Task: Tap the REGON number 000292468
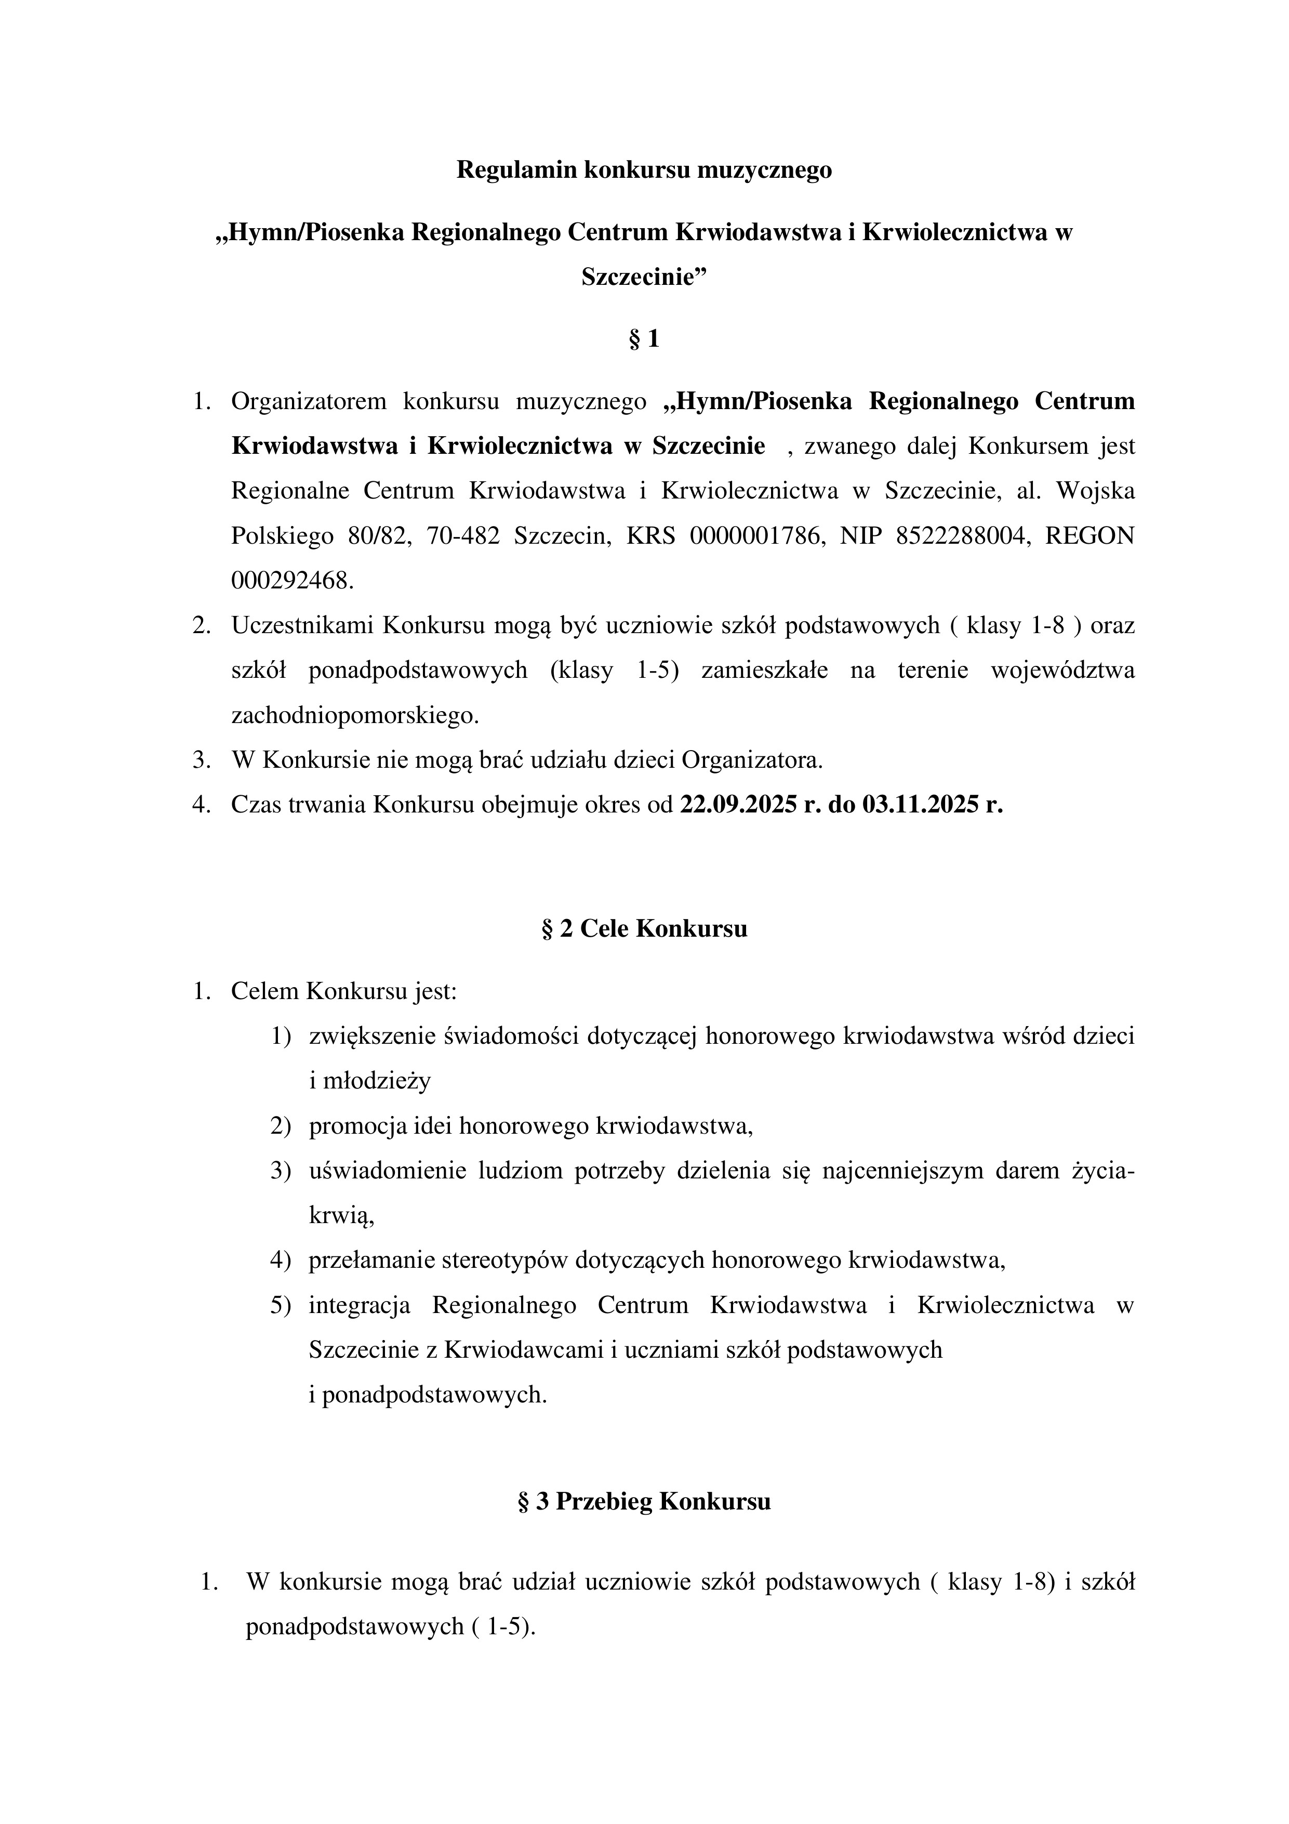[x=290, y=581]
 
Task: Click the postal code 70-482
[x=463, y=536]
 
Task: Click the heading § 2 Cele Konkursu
[x=644, y=929]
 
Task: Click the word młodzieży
[x=377, y=1081]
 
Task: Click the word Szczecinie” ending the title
[x=644, y=277]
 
